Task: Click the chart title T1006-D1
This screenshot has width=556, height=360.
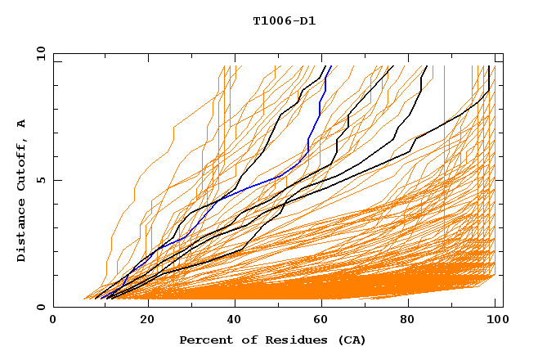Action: [285, 20]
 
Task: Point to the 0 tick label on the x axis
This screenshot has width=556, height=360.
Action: [53, 320]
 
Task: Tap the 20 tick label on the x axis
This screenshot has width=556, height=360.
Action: [147, 320]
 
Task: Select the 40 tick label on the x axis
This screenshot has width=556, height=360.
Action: [235, 320]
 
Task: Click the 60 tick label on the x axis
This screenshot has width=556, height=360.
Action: [325, 320]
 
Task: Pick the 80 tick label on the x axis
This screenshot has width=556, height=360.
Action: [414, 320]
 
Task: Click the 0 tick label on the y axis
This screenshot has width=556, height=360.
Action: [40, 307]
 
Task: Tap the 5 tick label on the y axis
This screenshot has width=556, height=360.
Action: [40, 180]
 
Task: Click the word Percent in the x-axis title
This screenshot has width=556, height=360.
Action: [204, 340]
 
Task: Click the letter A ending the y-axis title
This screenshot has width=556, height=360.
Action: [22, 123]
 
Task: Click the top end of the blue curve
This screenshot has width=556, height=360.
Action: [330, 66]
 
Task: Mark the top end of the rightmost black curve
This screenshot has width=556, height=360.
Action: [489, 66]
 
